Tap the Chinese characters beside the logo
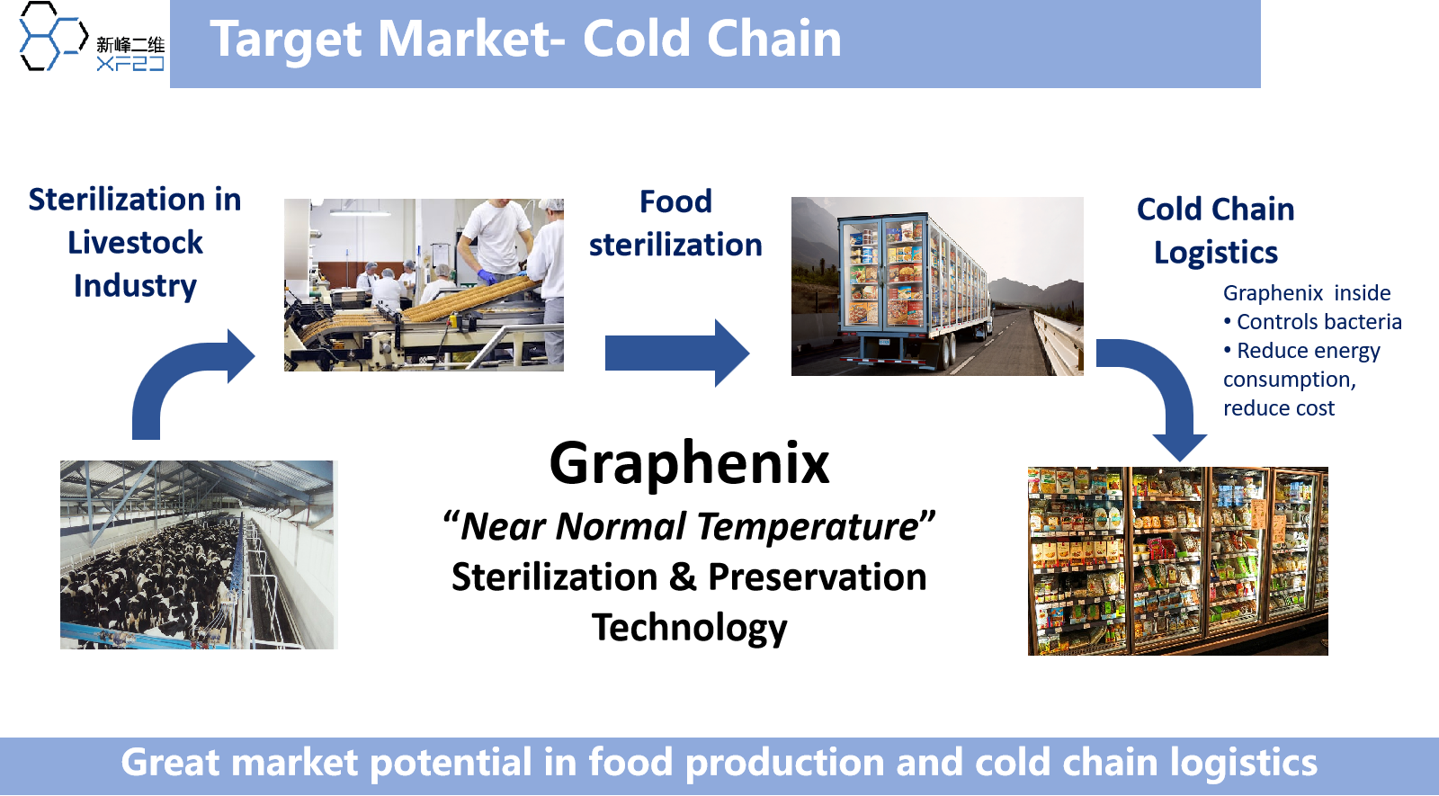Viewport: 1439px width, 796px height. tap(130, 44)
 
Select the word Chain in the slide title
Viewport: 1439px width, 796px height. tap(774, 39)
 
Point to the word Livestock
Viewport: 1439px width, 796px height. tap(135, 243)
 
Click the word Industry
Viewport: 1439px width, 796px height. tap(135, 287)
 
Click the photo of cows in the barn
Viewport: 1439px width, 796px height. tap(199, 554)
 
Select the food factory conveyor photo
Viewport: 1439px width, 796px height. tap(424, 284)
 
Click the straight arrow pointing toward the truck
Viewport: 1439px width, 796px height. tap(677, 353)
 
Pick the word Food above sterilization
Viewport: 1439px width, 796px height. tap(675, 201)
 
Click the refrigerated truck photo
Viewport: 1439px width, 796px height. tap(937, 286)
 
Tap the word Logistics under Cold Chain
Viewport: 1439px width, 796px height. tap(1215, 253)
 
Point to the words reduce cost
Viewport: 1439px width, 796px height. tap(1278, 408)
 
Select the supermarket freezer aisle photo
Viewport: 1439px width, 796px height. tap(1177, 561)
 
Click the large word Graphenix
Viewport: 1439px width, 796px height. tap(689, 464)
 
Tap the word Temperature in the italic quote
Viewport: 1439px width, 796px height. tap(809, 527)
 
